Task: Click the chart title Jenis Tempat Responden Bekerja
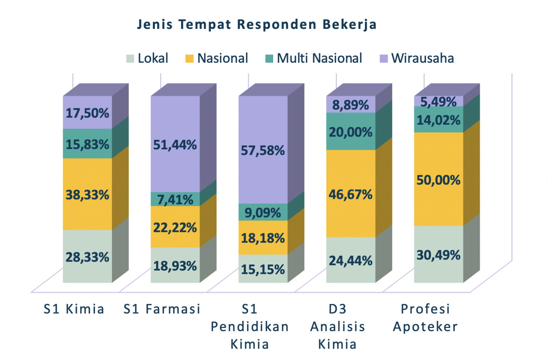(x=257, y=25)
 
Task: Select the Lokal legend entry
(x=147, y=58)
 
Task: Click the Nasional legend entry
(x=217, y=58)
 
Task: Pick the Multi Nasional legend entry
(x=314, y=58)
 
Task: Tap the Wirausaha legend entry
(x=417, y=58)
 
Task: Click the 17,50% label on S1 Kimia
(x=87, y=113)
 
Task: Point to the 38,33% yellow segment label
(x=87, y=195)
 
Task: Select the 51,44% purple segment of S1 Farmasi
(x=175, y=145)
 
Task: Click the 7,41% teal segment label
(x=175, y=200)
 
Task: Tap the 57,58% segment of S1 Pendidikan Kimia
(x=263, y=151)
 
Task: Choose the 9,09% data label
(x=263, y=213)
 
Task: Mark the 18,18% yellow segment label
(x=263, y=238)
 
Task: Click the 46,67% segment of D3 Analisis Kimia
(x=350, y=195)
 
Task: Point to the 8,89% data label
(x=350, y=105)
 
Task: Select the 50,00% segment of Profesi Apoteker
(x=438, y=180)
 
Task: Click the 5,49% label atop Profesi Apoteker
(x=438, y=102)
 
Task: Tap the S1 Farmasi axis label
(x=162, y=309)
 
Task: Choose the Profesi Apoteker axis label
(x=425, y=318)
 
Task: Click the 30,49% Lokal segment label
(x=438, y=255)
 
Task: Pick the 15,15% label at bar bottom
(x=263, y=269)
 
